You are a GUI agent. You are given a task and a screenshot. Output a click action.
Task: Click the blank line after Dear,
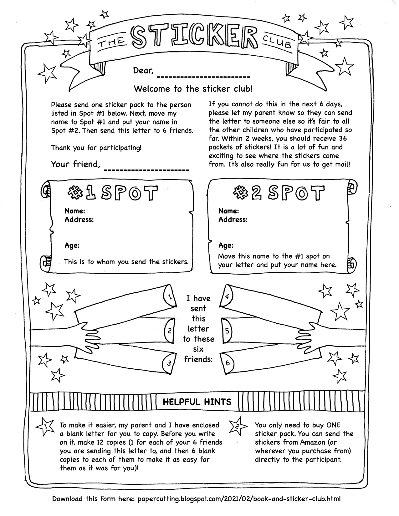coord(203,76)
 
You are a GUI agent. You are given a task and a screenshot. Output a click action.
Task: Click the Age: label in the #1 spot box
coord(72,245)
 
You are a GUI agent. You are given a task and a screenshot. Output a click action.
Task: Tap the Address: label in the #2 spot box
coord(233,220)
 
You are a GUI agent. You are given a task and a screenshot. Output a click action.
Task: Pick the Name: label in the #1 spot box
coord(75,211)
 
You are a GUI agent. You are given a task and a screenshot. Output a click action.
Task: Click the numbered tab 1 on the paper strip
coord(169,297)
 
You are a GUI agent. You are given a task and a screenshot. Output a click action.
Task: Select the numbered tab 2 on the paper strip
coord(169,331)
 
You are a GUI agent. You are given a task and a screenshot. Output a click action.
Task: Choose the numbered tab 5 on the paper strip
coord(227,331)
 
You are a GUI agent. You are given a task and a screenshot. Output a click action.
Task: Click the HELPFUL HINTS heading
coord(197,402)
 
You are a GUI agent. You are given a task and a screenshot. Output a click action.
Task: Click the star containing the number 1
coord(46,426)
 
